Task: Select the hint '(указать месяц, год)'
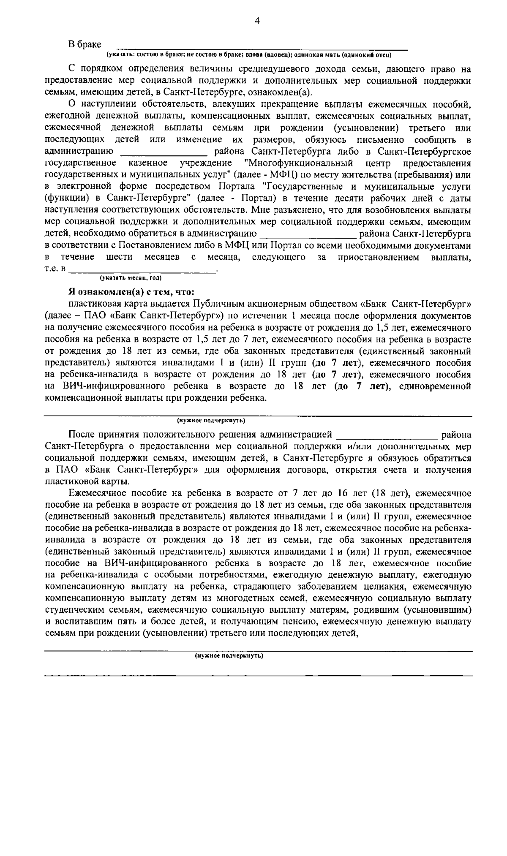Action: [131, 278]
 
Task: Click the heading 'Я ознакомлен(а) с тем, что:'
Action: [131, 292]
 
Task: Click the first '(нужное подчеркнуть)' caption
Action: [211, 421]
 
